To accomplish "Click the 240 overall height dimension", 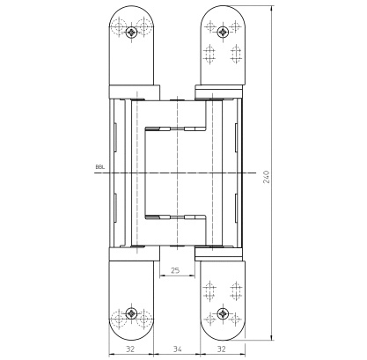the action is click(x=266, y=177).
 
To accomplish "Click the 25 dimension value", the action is click(x=175, y=270).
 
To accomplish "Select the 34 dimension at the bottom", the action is click(x=177, y=349).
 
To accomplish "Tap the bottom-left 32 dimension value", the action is click(x=130, y=349).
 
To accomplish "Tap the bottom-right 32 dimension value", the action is click(x=222, y=349).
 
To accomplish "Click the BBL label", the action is click(x=100, y=167).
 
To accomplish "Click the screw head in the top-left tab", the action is click(x=131, y=32).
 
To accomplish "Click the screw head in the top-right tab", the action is click(x=224, y=31).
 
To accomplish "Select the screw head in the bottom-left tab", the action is click(x=131, y=313).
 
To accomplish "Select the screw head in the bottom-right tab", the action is click(x=224, y=313).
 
